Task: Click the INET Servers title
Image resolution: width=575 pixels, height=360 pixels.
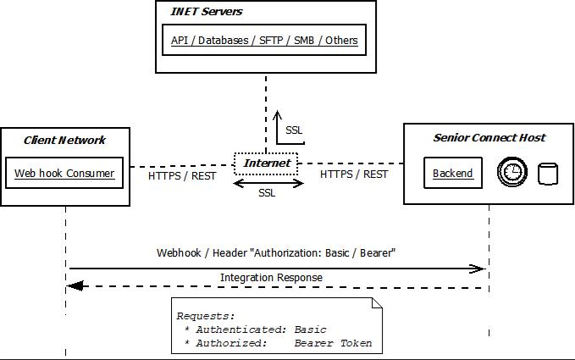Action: pyautogui.click(x=207, y=12)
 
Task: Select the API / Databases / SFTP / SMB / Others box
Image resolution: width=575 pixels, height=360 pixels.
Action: pyautogui.click(x=264, y=40)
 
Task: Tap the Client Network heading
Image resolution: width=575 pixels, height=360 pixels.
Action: pyautogui.click(x=65, y=140)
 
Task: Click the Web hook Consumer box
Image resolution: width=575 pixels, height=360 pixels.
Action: pyautogui.click(x=64, y=174)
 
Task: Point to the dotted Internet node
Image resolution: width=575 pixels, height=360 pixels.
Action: pyautogui.click(x=267, y=163)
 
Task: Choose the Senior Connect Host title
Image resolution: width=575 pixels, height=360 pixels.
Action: pyautogui.click(x=489, y=137)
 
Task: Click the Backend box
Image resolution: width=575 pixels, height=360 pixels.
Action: pyautogui.click(x=452, y=173)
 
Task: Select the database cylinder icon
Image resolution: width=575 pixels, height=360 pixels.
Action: pyautogui.click(x=548, y=174)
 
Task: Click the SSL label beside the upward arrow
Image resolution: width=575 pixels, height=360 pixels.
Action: pyautogui.click(x=294, y=130)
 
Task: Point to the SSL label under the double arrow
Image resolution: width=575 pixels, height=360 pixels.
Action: pyautogui.click(x=267, y=193)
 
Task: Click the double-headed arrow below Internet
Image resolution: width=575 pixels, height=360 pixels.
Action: pyautogui.click(x=268, y=182)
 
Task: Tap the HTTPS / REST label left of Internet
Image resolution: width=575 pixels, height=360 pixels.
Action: pyautogui.click(x=182, y=176)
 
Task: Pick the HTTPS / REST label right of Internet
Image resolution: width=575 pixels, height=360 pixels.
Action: pyautogui.click(x=354, y=174)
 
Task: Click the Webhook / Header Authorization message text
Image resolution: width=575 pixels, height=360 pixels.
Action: pyautogui.click(x=276, y=252)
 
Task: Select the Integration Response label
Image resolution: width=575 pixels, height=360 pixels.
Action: pyautogui.click(x=271, y=277)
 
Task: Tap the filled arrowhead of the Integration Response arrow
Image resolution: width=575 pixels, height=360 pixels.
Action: pyautogui.click(x=75, y=286)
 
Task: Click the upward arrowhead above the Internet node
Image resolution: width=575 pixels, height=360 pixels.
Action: pyautogui.click(x=277, y=114)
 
